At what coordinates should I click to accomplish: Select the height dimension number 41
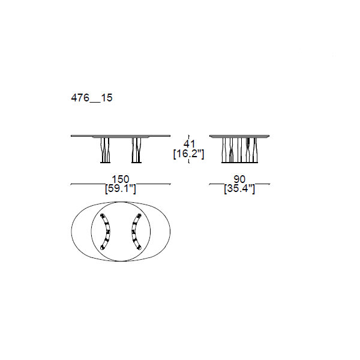189,144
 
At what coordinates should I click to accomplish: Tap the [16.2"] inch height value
189,154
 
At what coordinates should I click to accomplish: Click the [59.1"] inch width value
121,190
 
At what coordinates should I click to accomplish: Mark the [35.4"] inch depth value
239,190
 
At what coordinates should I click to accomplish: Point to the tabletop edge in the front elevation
121,136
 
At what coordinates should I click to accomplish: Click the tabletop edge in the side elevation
239,136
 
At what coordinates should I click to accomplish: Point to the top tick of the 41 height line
189,135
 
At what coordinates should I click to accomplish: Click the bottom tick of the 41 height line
189,163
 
